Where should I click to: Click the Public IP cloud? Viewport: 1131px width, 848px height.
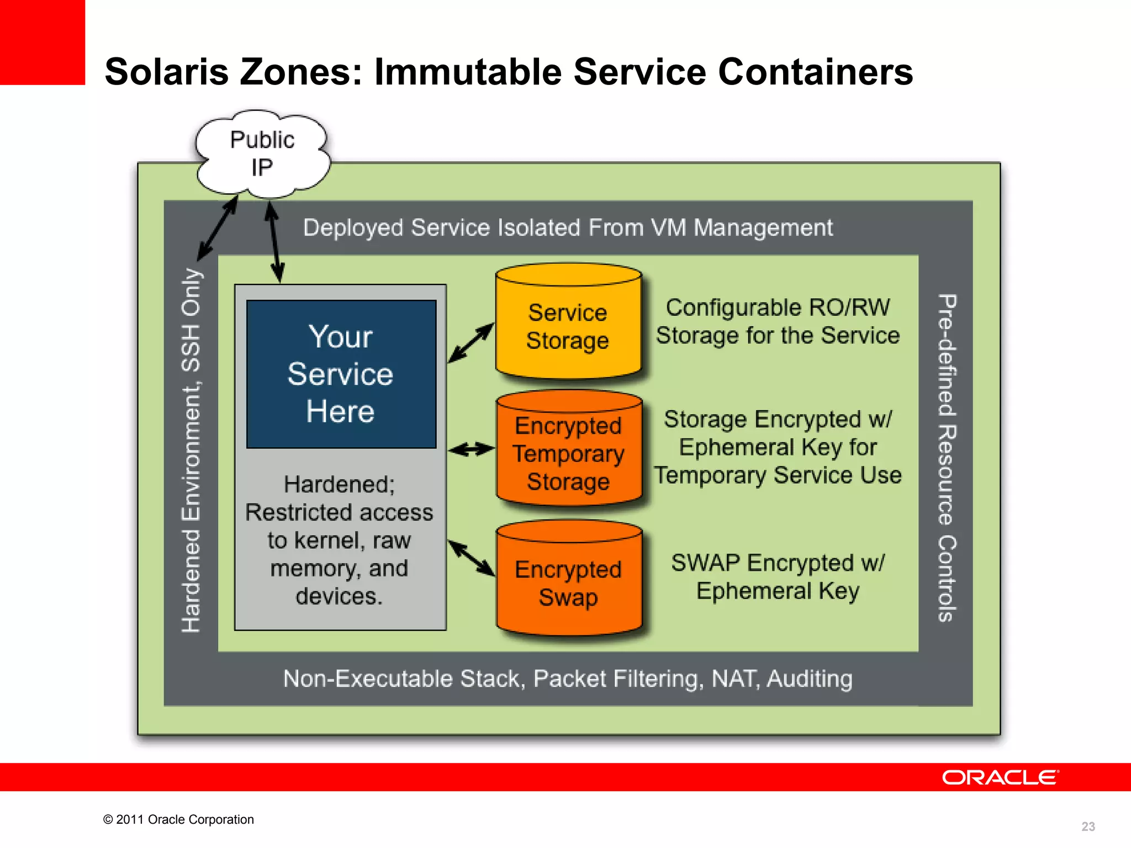[x=262, y=153]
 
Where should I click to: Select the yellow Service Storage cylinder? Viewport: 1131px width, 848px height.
[x=568, y=326]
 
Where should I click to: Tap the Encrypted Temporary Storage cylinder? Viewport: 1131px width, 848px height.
[x=569, y=453]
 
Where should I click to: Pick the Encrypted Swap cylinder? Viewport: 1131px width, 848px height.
[x=569, y=582]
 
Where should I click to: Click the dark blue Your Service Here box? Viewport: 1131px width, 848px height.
[x=341, y=374]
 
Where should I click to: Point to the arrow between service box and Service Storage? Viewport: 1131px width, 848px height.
[x=471, y=343]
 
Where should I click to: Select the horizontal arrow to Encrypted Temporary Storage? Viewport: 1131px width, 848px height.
[x=471, y=449]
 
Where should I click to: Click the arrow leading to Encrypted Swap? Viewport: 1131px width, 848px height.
[x=471, y=558]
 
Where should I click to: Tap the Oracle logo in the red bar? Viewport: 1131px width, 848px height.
[x=1000, y=777]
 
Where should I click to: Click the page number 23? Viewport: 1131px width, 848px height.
[x=1088, y=826]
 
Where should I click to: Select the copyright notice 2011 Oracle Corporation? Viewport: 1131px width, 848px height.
[x=178, y=819]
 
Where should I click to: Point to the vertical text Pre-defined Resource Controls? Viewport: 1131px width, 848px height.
[x=947, y=458]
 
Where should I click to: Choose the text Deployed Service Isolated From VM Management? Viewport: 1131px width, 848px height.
[x=568, y=227]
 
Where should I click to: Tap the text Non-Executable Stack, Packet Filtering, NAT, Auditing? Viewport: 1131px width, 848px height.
[x=568, y=679]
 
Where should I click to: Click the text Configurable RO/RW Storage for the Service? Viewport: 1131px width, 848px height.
[x=778, y=321]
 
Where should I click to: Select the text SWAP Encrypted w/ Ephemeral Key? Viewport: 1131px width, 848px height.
[x=778, y=577]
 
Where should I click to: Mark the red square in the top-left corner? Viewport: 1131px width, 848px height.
[x=42, y=42]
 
